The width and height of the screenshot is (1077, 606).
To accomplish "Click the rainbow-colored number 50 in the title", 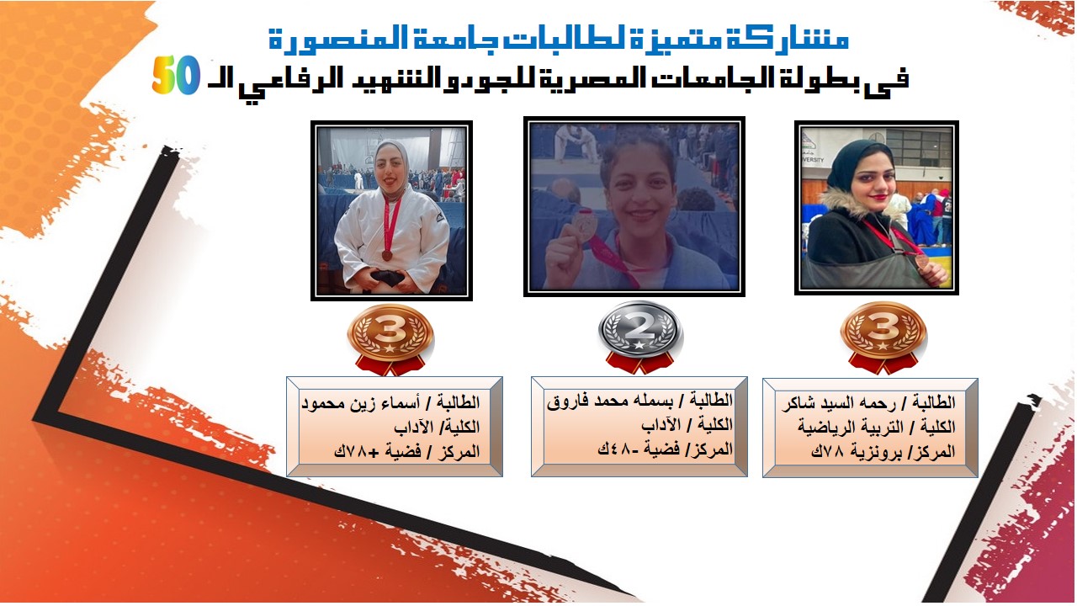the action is pyautogui.click(x=176, y=75).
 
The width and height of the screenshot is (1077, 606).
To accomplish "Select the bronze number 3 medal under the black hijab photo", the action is pyautogui.click(x=883, y=338).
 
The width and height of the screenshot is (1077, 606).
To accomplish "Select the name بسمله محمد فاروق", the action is pyautogui.click(x=611, y=401).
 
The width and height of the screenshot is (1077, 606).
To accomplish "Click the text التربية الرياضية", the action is pyautogui.click(x=851, y=427).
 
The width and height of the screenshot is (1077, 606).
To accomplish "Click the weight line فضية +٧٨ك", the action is pyautogui.click(x=378, y=452).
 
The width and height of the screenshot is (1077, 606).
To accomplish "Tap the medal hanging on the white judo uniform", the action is pyautogui.click(x=387, y=255).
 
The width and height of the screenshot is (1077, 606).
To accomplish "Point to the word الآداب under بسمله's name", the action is pyautogui.click(x=661, y=425).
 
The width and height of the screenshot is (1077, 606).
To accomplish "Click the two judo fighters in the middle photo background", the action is pyautogui.click(x=576, y=143).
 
